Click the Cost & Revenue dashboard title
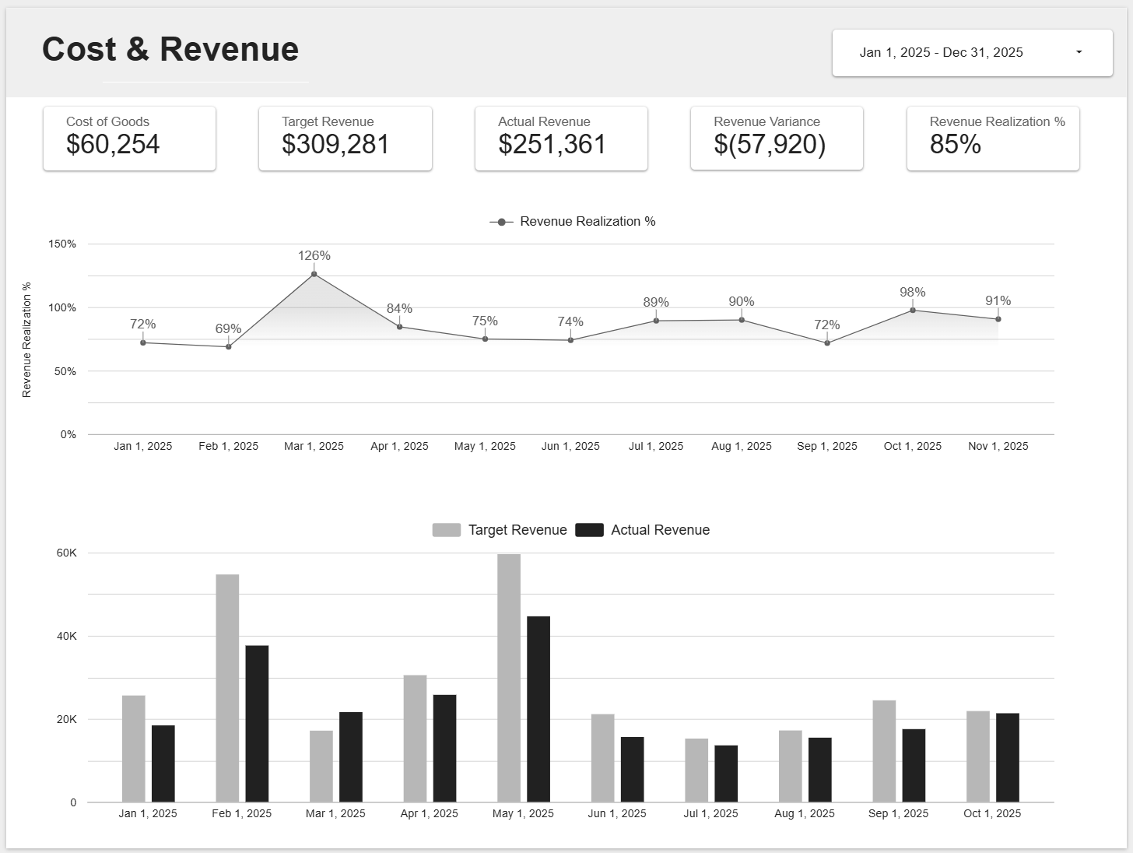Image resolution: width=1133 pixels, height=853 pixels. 170,49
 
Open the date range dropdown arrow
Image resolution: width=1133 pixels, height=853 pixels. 1079,52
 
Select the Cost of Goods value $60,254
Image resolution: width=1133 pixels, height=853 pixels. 113,144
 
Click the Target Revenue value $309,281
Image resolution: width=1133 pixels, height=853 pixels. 335,144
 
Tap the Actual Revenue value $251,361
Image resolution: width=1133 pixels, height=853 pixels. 552,144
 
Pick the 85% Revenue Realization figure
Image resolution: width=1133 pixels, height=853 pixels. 955,144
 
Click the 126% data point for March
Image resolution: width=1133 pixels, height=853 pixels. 314,274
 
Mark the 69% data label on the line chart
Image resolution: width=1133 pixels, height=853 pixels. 228,328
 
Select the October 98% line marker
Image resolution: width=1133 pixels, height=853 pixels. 913,311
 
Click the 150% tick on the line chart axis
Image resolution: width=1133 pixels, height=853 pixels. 62,244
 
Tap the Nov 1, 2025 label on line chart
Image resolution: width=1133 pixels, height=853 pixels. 998,446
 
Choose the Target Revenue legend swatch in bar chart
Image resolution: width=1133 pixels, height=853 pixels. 447,530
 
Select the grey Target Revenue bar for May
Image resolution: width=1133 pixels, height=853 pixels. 509,677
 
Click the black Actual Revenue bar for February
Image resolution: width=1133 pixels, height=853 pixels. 257,723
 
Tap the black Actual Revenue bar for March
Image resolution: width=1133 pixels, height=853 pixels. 351,756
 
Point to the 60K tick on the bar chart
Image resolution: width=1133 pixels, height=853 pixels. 67,553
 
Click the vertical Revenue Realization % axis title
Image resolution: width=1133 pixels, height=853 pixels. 27,339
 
